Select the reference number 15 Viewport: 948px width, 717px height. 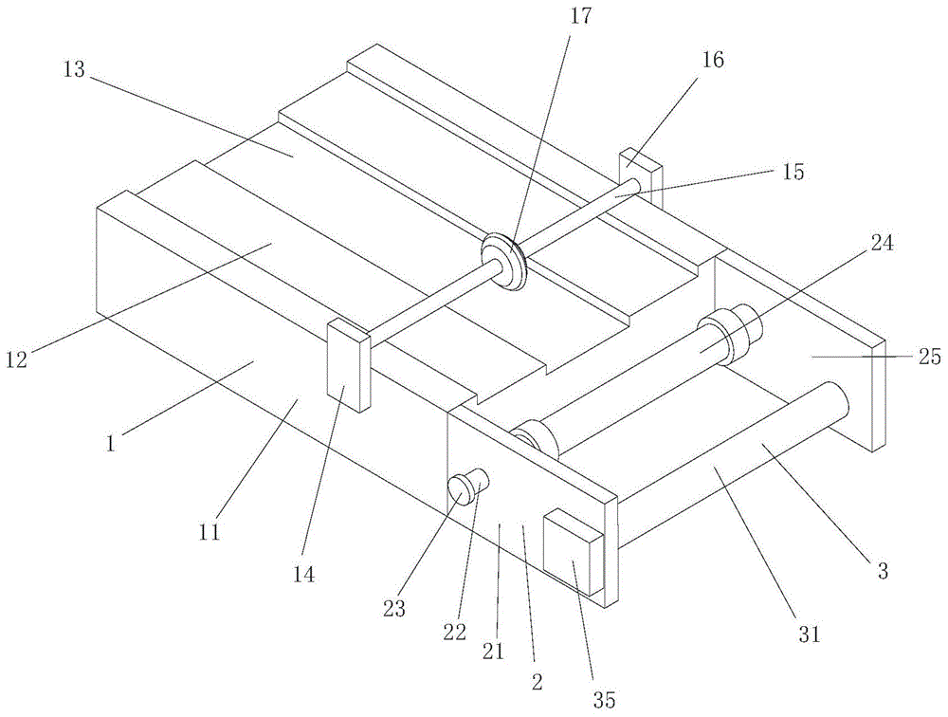pyautogui.click(x=793, y=172)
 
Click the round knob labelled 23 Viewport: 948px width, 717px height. pyautogui.click(x=462, y=491)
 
